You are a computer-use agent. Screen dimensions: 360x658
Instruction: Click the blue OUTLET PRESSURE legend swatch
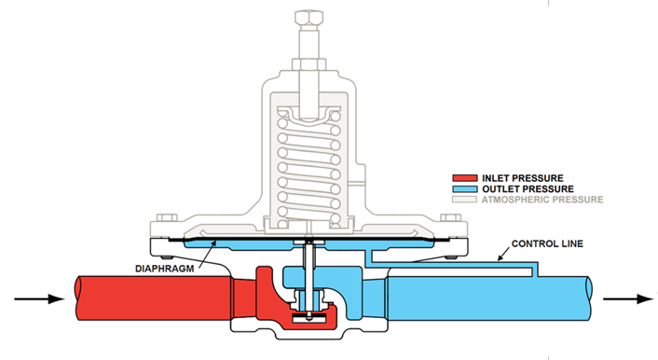pyautogui.click(x=464, y=188)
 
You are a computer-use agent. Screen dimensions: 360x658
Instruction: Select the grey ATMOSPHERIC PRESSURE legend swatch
pyautogui.click(x=464, y=200)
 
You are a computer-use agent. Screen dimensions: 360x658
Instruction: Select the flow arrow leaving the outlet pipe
pyautogui.click(x=626, y=299)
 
